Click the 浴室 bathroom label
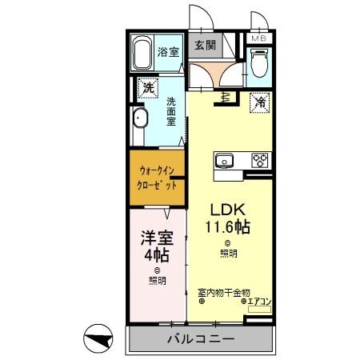point(168,53)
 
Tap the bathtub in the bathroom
point(142,54)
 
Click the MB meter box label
point(260,38)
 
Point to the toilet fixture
point(258,62)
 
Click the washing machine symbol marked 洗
point(146,88)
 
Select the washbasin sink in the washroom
point(141,120)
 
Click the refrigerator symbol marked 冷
point(261,102)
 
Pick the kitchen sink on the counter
point(225,159)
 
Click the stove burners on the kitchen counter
point(261,159)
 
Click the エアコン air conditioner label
point(260,302)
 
